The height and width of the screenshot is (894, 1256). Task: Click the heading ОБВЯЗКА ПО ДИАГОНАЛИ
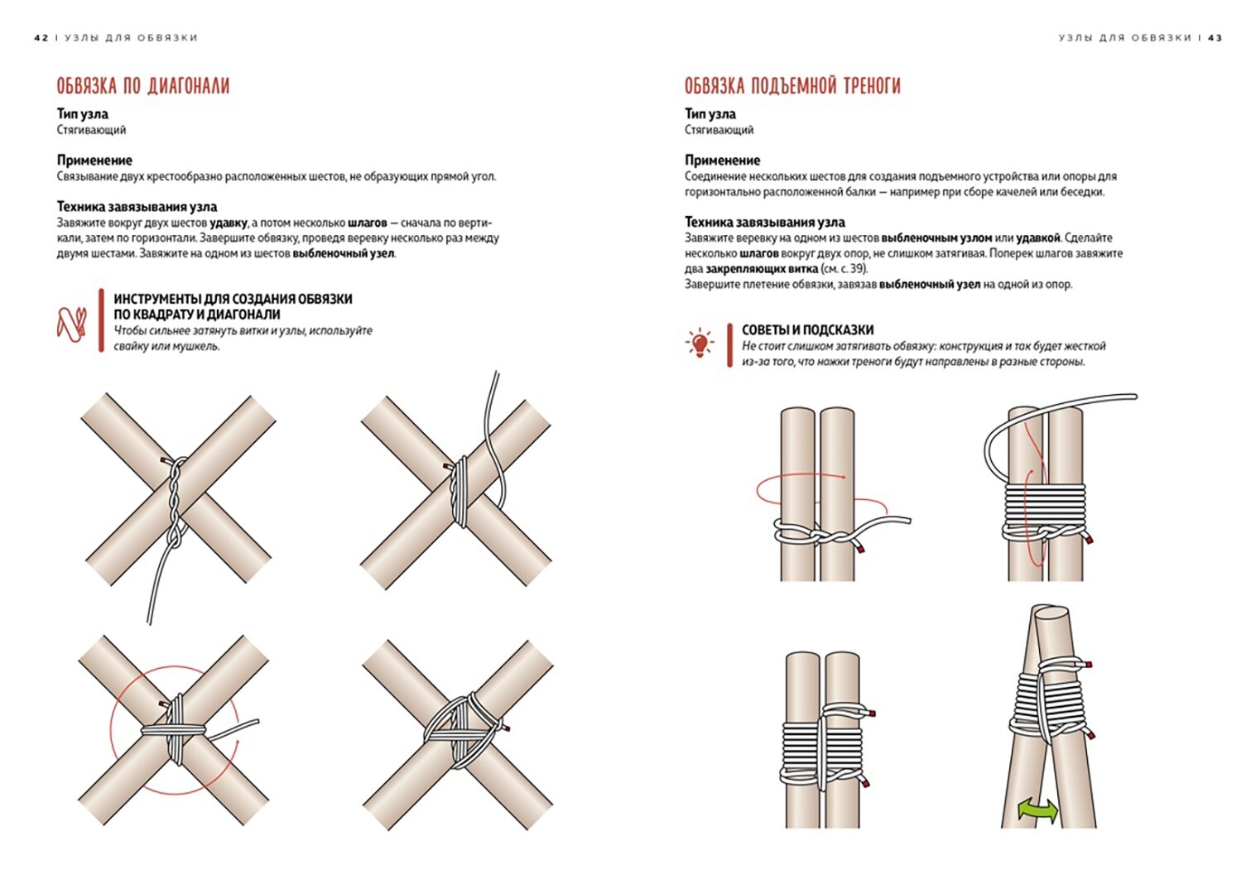(x=142, y=86)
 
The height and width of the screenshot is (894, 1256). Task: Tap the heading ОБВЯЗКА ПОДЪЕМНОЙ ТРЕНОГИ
(x=792, y=86)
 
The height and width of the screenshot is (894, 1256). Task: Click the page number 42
(x=41, y=38)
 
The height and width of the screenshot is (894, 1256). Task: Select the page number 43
(x=1215, y=38)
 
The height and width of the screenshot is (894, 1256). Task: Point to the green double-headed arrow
(x=1037, y=809)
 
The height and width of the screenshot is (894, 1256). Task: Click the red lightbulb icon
(x=700, y=343)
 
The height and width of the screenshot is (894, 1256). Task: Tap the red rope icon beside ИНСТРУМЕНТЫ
(x=71, y=324)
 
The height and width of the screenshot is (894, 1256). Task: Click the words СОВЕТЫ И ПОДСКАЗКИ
(x=807, y=329)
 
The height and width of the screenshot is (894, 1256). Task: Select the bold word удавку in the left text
(x=229, y=223)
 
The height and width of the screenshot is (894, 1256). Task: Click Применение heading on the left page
(x=94, y=160)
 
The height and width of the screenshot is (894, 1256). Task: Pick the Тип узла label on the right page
(x=710, y=113)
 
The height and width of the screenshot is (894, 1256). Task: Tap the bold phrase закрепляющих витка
(x=761, y=269)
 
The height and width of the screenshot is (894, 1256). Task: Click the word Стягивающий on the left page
(x=91, y=130)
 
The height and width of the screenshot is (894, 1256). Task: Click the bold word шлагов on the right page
(x=758, y=253)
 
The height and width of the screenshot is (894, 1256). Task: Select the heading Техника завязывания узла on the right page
(x=764, y=222)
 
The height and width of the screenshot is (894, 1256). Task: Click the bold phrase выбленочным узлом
(x=936, y=238)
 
